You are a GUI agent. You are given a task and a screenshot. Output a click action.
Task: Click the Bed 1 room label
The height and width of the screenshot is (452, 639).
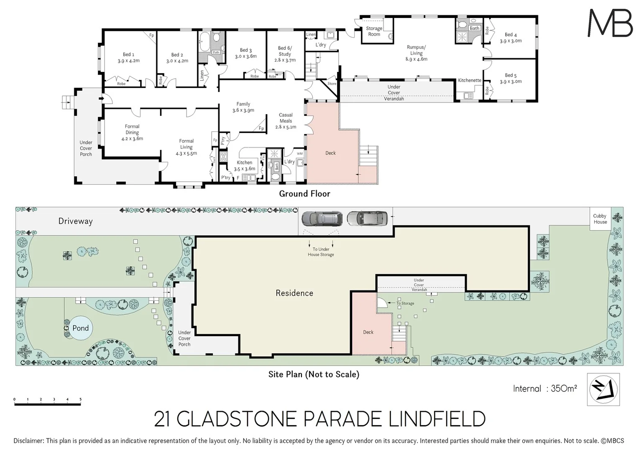point(128,58)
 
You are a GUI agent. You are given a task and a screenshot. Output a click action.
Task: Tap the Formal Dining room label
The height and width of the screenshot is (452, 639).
point(132,132)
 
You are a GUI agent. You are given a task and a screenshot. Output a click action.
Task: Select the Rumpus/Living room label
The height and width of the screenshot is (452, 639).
point(416,53)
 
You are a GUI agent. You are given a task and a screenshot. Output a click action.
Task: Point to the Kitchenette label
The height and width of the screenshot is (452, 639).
point(469,80)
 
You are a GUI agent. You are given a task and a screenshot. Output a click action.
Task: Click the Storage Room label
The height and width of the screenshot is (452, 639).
point(374,31)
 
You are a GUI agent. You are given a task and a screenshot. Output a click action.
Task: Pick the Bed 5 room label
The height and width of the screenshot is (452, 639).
point(511,78)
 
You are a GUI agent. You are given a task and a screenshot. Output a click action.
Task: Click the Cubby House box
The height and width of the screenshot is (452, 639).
point(600,219)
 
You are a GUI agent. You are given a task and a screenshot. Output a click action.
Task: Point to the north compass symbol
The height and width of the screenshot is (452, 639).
point(603,389)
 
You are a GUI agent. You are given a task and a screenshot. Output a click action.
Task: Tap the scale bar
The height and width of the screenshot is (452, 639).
point(47,403)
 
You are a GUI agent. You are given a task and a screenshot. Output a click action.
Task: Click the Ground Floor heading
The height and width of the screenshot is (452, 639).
point(304,194)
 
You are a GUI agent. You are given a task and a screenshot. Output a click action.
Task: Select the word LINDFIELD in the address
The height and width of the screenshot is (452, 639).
point(437,419)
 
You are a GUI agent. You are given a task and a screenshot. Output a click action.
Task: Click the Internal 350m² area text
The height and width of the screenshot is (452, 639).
point(545,388)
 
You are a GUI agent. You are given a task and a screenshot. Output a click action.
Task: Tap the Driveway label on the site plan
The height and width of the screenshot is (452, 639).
point(75,221)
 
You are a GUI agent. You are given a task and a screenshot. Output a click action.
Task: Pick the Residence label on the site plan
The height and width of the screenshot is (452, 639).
point(294,293)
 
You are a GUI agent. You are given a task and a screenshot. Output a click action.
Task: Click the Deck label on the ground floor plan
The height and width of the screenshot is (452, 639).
point(330,153)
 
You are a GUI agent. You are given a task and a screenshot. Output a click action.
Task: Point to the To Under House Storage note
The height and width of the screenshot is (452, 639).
point(321,252)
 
